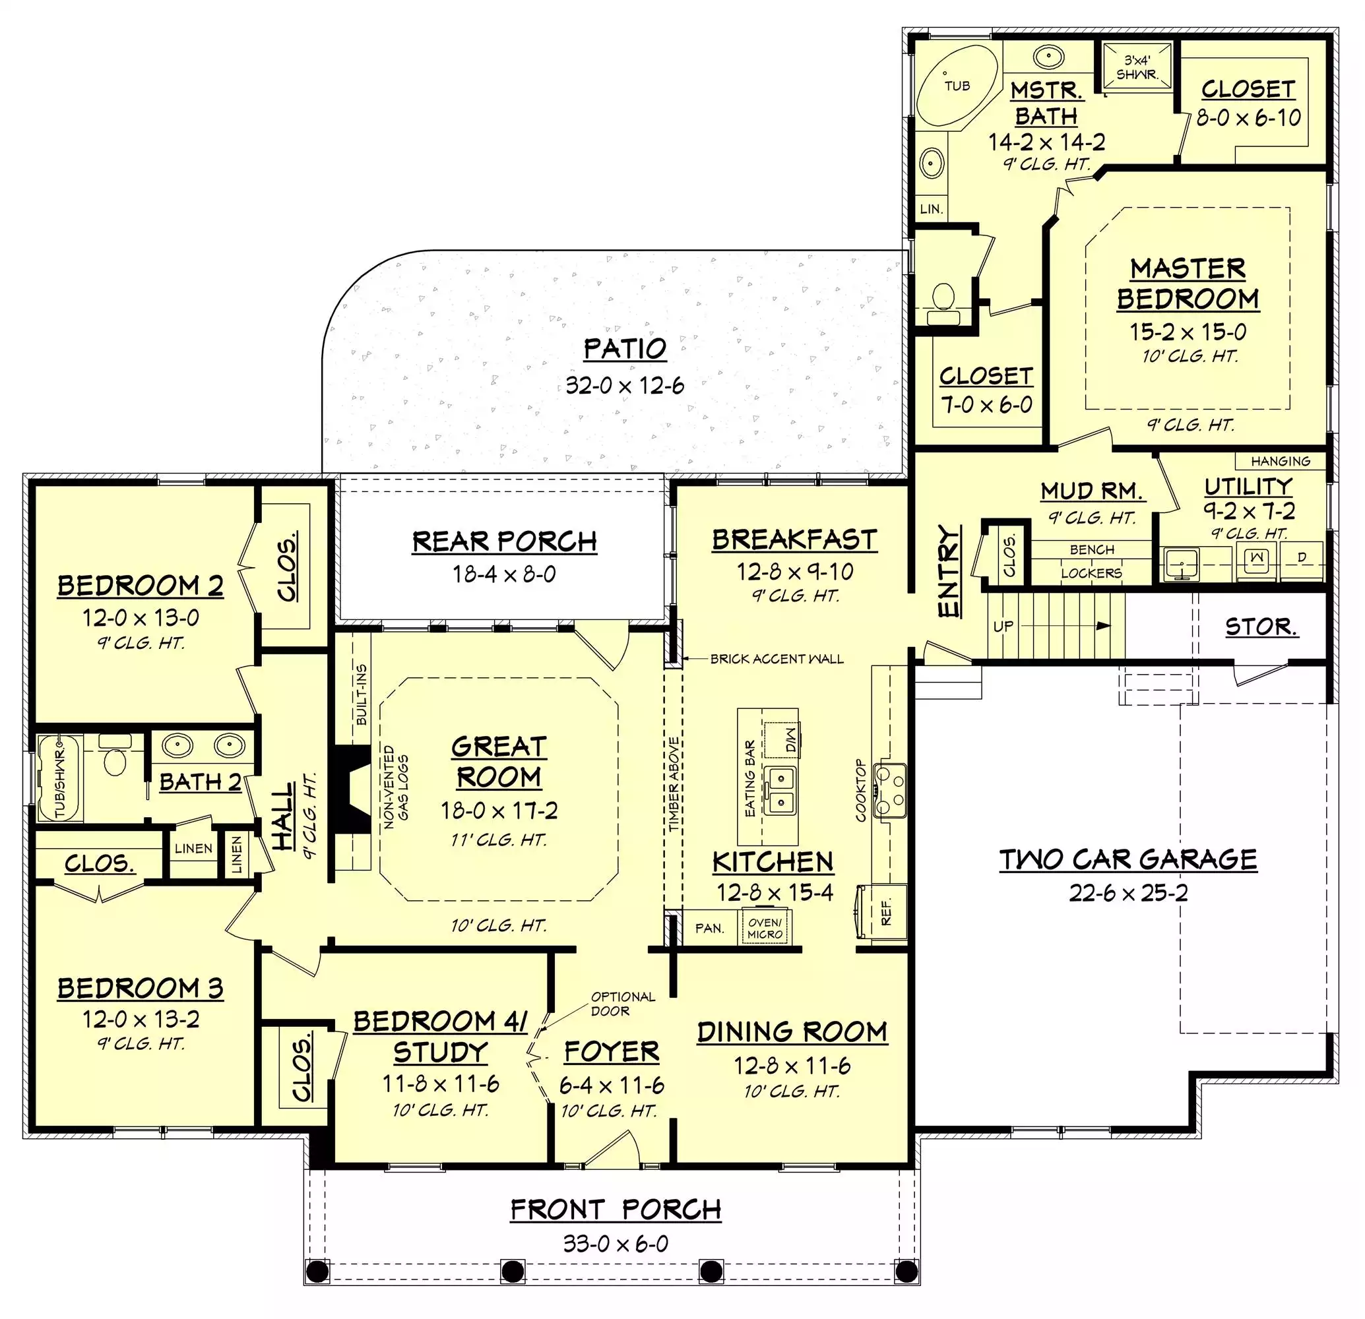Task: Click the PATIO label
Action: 625,349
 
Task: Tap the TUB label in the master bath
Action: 957,86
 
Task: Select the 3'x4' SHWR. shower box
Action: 1137,67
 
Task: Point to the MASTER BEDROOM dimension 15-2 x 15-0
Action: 1188,331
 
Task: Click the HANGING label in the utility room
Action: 1280,461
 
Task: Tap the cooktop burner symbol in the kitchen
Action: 890,789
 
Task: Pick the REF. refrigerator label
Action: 886,912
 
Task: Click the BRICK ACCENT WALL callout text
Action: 777,658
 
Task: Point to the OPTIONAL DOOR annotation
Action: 623,1004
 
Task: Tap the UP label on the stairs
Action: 1003,626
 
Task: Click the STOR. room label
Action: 1261,627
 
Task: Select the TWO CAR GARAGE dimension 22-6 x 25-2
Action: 1128,892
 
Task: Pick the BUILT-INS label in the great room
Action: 362,694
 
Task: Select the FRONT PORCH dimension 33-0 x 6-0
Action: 616,1243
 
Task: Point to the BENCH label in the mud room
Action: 1091,549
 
